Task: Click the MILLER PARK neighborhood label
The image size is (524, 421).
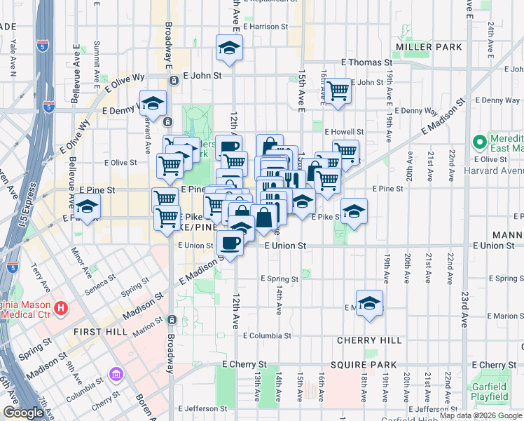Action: click(x=429, y=47)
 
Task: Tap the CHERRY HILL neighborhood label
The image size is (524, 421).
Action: click(x=369, y=340)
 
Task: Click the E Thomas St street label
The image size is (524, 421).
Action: click(x=366, y=62)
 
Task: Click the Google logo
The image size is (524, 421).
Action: click(x=23, y=413)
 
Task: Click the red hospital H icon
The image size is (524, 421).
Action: click(x=62, y=307)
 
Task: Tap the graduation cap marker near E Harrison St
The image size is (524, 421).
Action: click(x=228, y=48)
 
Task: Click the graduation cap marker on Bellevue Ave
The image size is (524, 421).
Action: click(x=88, y=206)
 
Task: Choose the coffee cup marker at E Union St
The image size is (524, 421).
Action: click(x=230, y=243)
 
